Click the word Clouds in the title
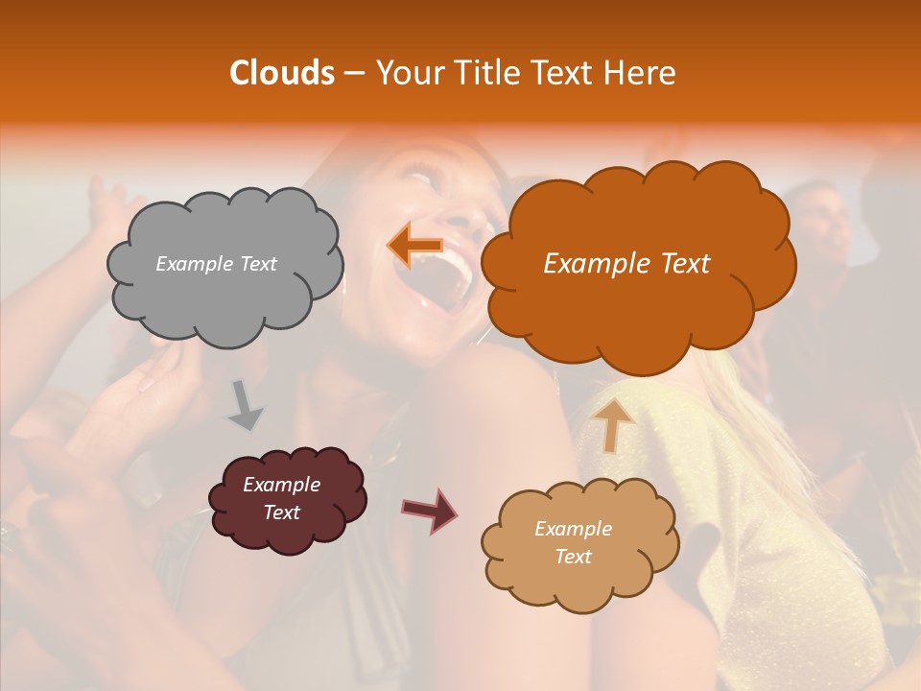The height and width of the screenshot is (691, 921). point(281,73)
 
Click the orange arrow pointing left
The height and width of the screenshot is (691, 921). point(414,245)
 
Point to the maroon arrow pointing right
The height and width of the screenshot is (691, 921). point(429,510)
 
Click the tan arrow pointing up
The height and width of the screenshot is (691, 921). point(612,425)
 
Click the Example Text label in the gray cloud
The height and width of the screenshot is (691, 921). point(216,264)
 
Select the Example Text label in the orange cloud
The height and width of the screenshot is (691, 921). point(626,264)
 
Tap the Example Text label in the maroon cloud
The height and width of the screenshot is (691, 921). point(282,498)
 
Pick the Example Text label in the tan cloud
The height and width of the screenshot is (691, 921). point(573,542)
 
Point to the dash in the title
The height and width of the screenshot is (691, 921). point(354,73)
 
